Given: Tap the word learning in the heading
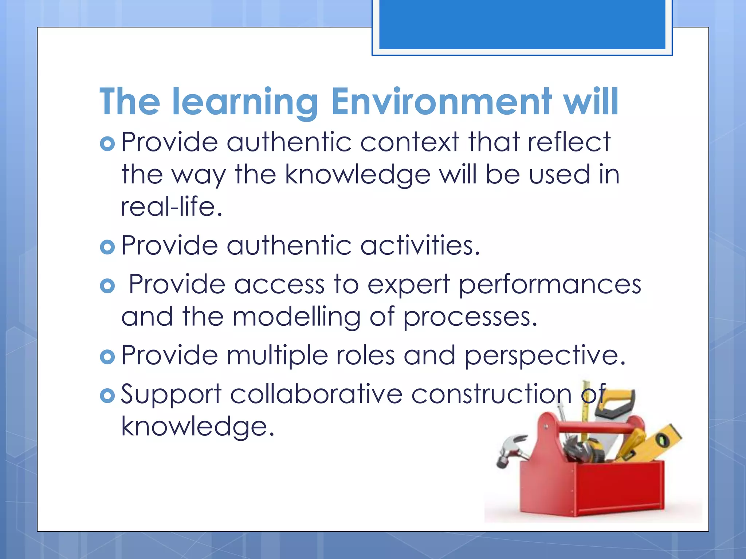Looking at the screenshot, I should coord(245,102).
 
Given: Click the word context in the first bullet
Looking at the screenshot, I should coord(410,142).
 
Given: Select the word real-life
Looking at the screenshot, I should coord(171,207).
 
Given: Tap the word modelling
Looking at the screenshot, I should coord(297,317).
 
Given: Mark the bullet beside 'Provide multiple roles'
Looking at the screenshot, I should coord(107,357).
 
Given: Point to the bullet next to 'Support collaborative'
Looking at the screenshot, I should coord(107,396).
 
